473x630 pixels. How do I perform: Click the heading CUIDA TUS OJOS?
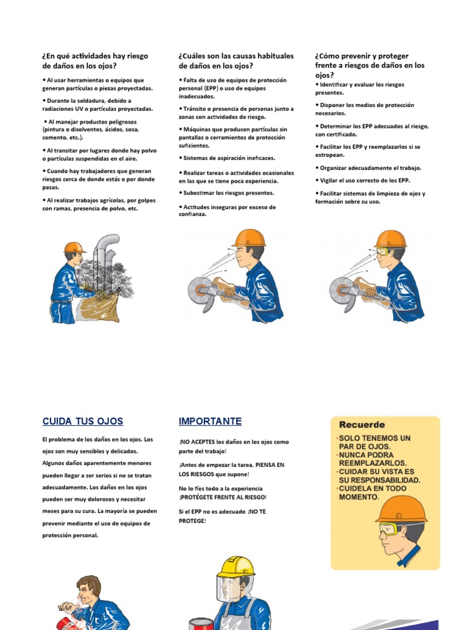click(83, 421)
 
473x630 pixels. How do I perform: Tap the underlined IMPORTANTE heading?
click(210, 421)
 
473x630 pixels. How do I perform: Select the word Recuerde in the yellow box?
click(362, 425)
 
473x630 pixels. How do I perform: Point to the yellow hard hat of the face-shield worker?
click(235, 567)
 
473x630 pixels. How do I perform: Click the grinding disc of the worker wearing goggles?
click(340, 288)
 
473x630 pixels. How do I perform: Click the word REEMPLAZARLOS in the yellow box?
click(372, 463)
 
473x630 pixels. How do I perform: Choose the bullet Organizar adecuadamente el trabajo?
click(370, 167)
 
